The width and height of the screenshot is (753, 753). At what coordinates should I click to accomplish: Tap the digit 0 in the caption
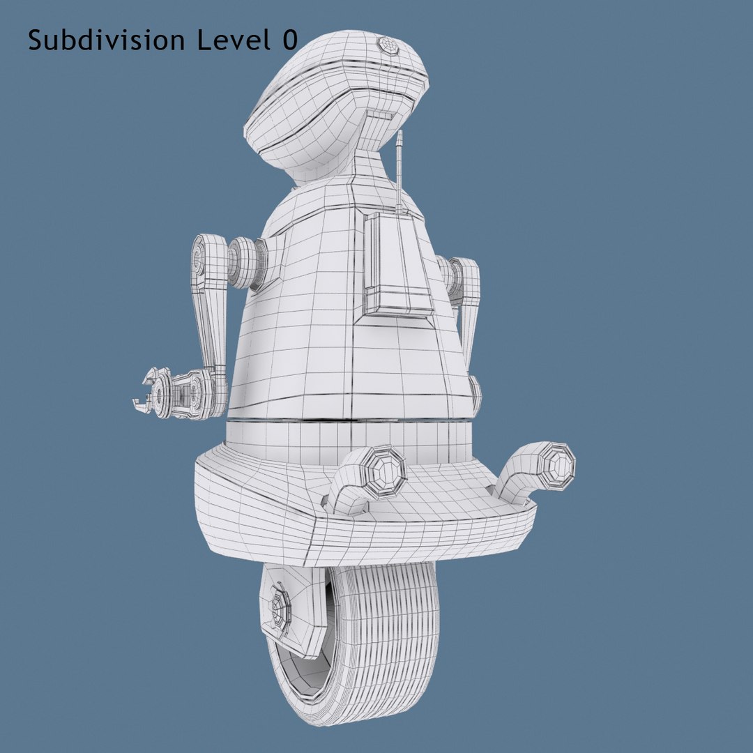[x=289, y=40]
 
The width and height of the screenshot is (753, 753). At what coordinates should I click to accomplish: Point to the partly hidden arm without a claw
[x=466, y=293]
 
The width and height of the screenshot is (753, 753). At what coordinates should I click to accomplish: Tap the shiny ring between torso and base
[x=349, y=420]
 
